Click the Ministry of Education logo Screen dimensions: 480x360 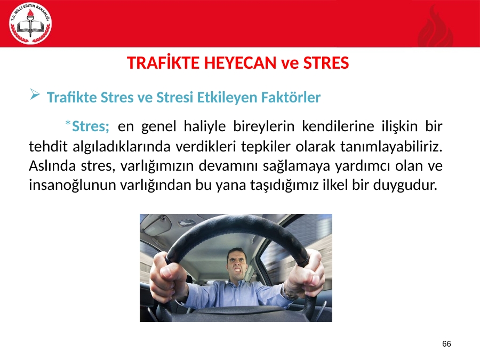[30, 23]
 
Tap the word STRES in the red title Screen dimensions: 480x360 [326, 63]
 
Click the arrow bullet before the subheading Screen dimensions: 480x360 [35, 94]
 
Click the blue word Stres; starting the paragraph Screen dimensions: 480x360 [91, 126]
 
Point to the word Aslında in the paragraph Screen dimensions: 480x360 [52, 166]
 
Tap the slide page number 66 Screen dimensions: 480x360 [446, 344]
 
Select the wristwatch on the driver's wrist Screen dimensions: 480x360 [288, 291]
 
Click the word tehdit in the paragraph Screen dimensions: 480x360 [48, 147]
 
